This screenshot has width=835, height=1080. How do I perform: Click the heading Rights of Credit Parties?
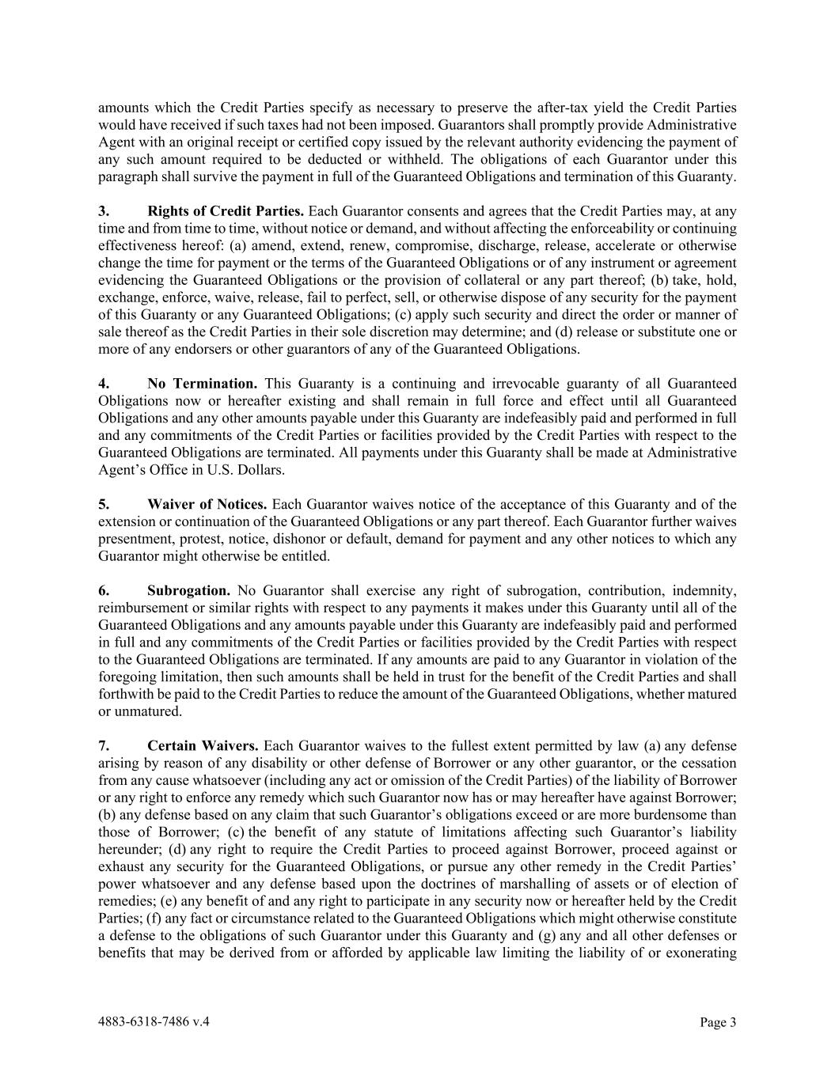click(x=226, y=211)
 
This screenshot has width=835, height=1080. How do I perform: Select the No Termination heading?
click(x=202, y=384)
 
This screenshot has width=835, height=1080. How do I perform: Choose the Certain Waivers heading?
click(x=203, y=746)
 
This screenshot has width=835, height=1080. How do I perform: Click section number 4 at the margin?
click(x=103, y=384)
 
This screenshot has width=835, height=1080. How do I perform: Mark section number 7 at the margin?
click(x=103, y=746)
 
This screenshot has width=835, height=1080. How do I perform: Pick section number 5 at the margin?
click(x=103, y=505)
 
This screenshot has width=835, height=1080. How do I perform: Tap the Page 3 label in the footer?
click(x=718, y=1022)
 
